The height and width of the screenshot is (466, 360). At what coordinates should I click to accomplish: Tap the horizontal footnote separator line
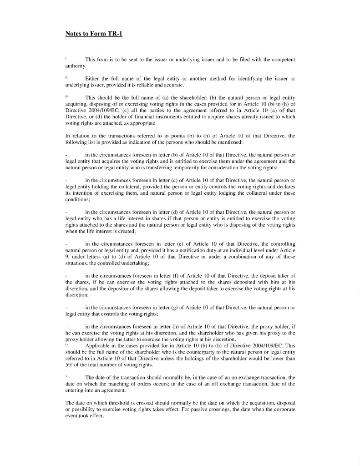[x=105, y=53]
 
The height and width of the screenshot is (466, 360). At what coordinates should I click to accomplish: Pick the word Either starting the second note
[x=93, y=79]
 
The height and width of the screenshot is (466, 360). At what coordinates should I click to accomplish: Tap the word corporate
[x=284, y=409]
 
